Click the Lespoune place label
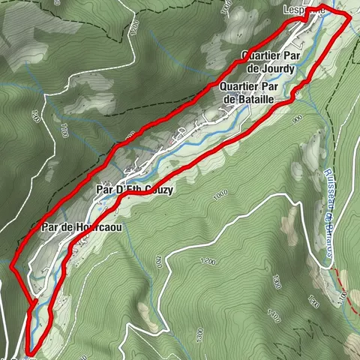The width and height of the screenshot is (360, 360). pyautogui.click(x=303, y=10)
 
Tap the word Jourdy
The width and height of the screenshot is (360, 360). pyautogui.click(x=280, y=69)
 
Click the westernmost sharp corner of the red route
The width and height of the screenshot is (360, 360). pyautogui.click(x=11, y=266)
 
